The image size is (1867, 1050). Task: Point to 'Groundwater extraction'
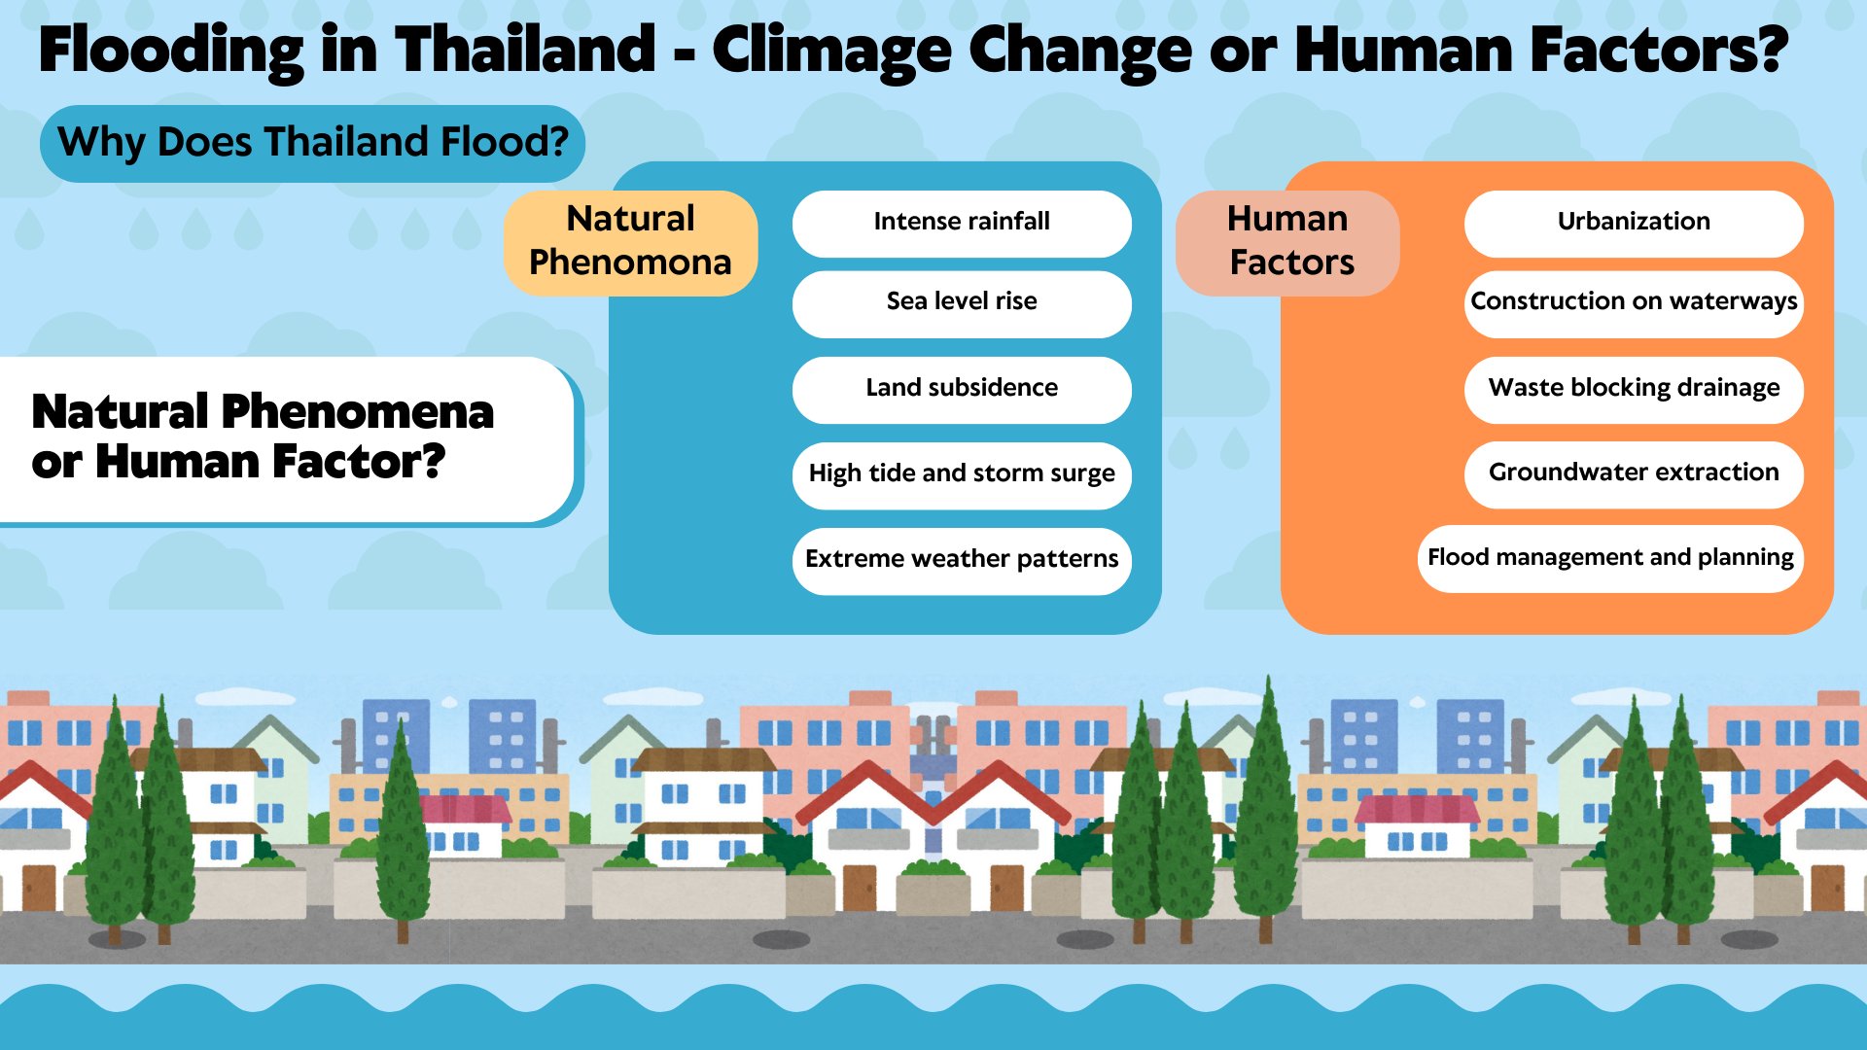[x=1634, y=474]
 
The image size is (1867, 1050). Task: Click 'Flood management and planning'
[x=1610, y=559]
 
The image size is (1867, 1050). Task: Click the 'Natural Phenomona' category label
[x=630, y=242]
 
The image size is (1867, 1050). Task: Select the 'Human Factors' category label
[x=1287, y=242]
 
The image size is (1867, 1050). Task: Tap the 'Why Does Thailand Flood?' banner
[x=312, y=143]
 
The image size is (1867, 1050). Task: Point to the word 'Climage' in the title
[x=832, y=51]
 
